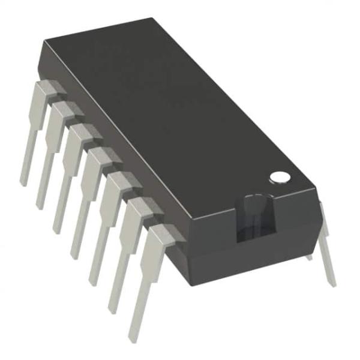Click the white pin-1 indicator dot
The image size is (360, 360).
278,177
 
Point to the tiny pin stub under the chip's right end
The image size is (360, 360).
309,256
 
